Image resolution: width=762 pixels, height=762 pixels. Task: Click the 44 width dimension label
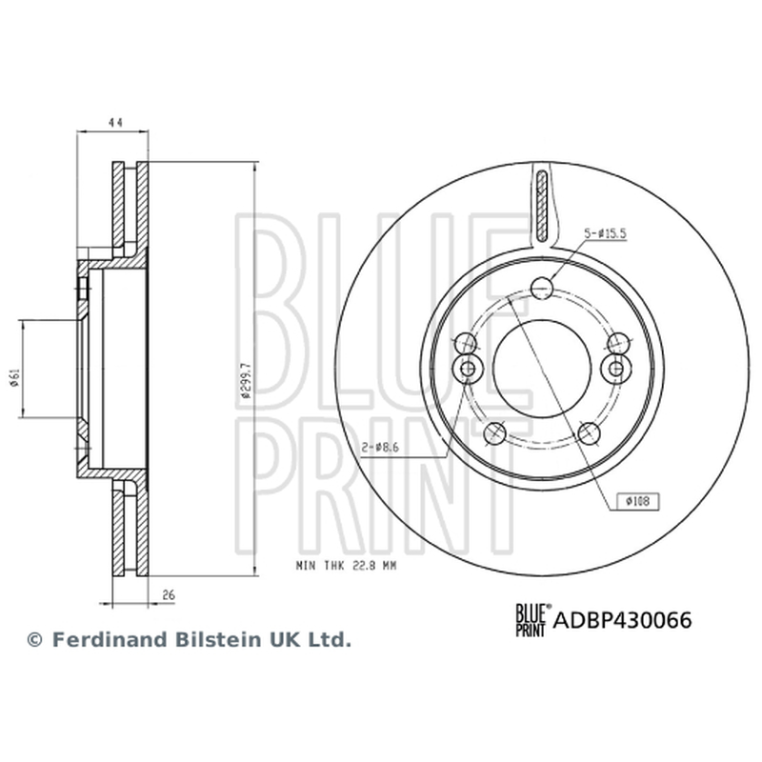(x=114, y=122)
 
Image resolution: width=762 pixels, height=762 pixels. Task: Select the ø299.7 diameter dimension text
(x=246, y=380)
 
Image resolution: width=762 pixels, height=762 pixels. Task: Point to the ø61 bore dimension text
(x=14, y=378)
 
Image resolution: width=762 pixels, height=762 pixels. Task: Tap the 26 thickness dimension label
(x=169, y=594)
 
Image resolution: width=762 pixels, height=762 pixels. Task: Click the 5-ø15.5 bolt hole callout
(x=605, y=233)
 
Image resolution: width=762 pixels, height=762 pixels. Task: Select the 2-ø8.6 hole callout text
(x=380, y=448)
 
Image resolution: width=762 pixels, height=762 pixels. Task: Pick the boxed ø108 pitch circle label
(x=638, y=501)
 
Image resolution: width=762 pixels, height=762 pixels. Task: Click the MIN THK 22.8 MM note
(x=346, y=566)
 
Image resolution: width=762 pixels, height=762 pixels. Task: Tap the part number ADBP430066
(x=623, y=620)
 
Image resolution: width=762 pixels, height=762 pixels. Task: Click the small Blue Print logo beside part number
(x=533, y=620)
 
